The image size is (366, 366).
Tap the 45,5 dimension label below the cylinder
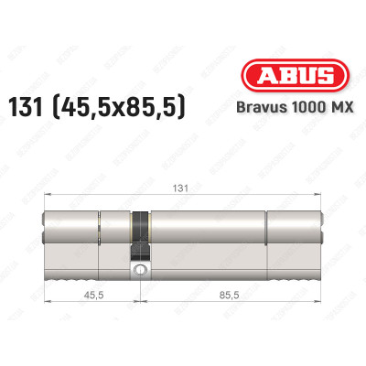click(x=91, y=296)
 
